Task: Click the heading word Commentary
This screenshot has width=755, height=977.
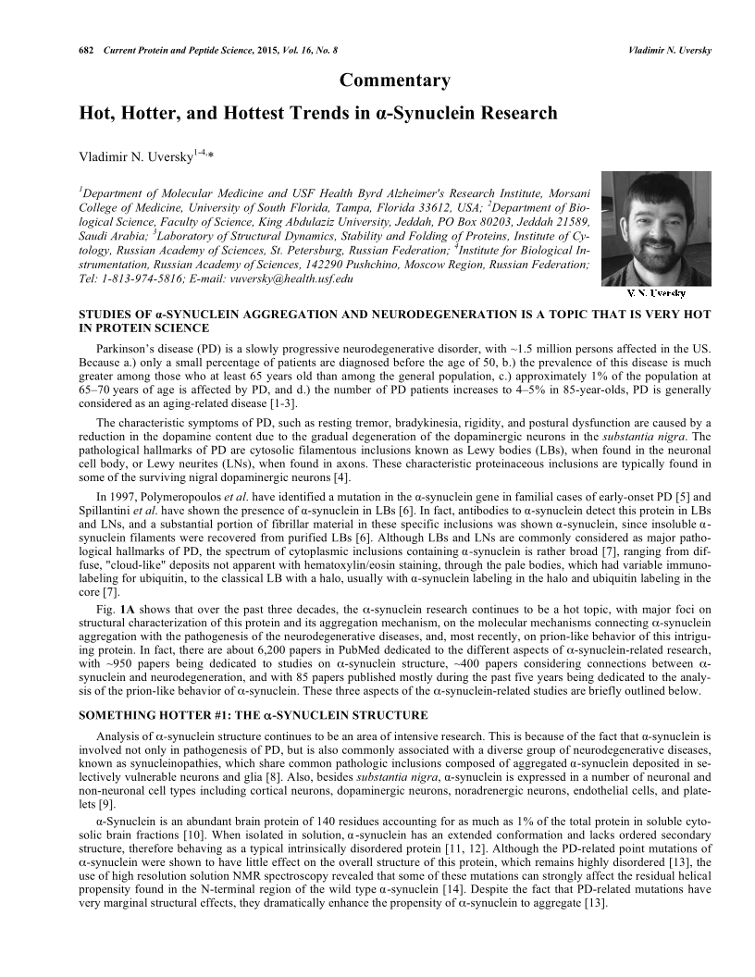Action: point(395,81)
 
